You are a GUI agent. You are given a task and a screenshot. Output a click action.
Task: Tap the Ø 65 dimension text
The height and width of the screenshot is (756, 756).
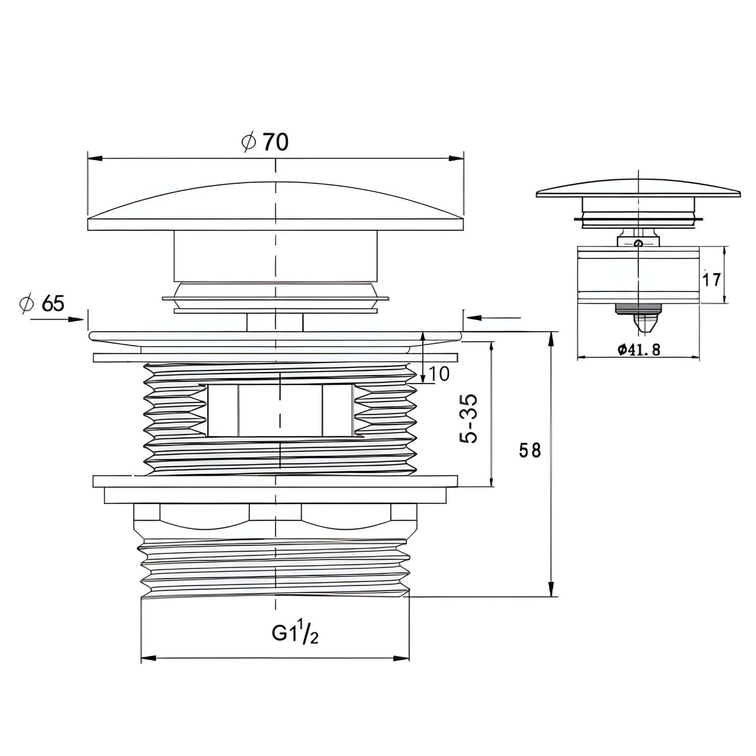tap(42, 303)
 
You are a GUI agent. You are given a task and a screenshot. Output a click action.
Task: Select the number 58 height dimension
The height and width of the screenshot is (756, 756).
tap(530, 450)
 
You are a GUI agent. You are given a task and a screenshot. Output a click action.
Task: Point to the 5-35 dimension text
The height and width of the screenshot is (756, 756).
tap(469, 418)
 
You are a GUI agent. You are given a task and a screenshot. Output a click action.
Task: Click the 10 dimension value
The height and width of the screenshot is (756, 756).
tap(439, 374)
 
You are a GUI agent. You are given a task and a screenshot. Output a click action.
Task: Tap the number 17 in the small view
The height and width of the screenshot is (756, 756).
tap(711, 280)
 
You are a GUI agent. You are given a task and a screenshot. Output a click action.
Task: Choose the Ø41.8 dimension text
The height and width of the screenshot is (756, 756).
tap(639, 350)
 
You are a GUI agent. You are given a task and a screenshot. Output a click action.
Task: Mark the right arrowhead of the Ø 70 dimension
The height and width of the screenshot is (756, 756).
tap(456, 158)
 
